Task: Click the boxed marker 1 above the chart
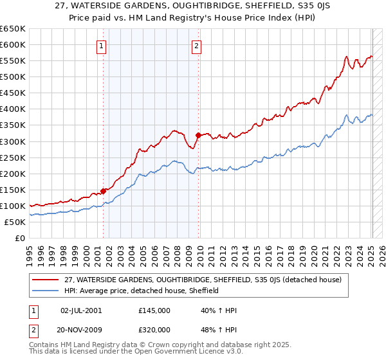tap(102, 46)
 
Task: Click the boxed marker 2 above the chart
tap(196, 46)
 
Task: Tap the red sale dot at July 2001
tap(103, 191)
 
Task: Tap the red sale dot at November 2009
tap(198, 135)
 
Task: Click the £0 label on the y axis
tap(19, 239)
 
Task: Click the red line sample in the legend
tap(45, 280)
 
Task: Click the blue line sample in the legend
tap(45, 291)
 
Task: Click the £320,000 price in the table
tap(154, 329)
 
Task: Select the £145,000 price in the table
tap(154, 310)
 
